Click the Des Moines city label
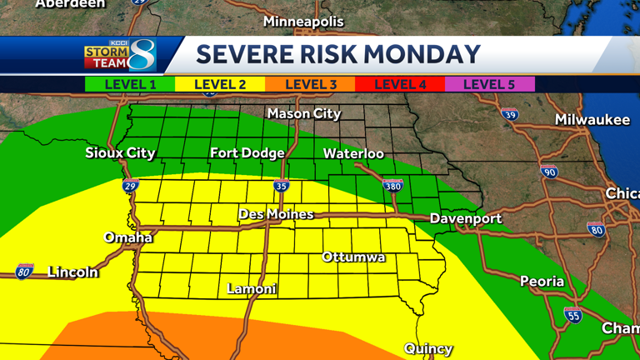[276, 214]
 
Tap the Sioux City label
[120, 152]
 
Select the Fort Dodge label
[247, 152]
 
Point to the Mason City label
[304, 113]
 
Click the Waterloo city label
[353, 153]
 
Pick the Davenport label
[466, 218]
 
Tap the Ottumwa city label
[353, 257]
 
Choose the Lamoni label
[252, 288]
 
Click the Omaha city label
[127, 237]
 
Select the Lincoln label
[72, 272]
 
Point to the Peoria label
[542, 281]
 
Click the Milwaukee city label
[592, 120]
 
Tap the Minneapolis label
[303, 21]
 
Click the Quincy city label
[428, 348]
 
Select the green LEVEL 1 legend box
[130, 84]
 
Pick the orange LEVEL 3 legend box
[310, 84]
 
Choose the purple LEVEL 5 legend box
[489, 84]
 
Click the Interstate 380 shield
[392, 186]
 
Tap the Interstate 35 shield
[282, 186]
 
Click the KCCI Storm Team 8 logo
[120, 55]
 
